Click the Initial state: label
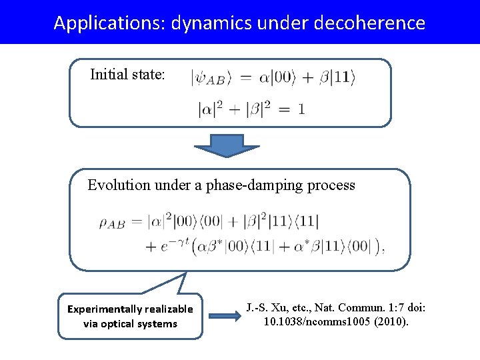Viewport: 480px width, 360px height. pos(127,74)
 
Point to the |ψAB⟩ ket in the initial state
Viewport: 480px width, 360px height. pos(211,78)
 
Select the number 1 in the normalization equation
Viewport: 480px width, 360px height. pos(302,109)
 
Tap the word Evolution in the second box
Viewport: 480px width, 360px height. pos(119,185)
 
